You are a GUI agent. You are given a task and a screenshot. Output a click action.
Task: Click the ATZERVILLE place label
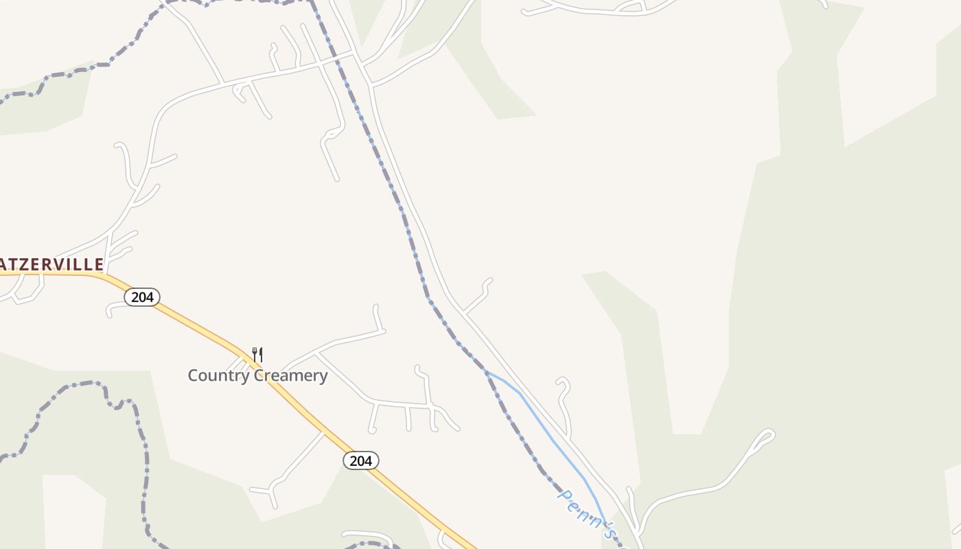51,264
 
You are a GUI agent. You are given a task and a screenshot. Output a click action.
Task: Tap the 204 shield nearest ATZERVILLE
142,297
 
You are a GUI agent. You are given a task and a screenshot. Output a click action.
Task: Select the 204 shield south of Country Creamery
360,460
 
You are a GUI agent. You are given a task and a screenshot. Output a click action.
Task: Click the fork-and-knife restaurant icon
257,355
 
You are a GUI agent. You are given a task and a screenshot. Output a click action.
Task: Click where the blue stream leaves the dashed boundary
485,371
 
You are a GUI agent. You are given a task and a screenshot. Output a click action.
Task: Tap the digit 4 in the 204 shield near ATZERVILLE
150,297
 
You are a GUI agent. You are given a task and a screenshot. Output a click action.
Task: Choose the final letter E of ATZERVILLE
99,264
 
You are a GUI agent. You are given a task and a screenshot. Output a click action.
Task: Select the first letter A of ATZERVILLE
3,264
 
